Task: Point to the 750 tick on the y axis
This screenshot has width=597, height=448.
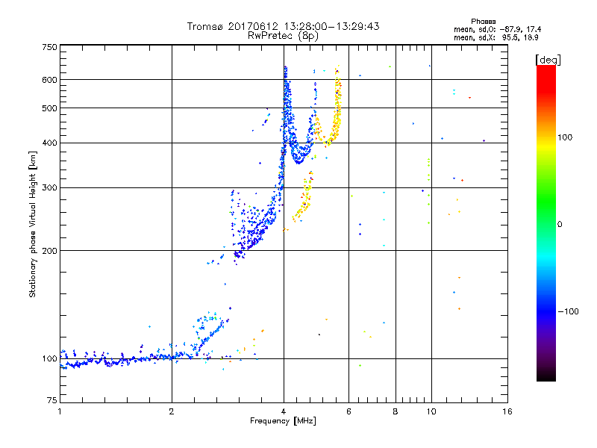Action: [x=50, y=46]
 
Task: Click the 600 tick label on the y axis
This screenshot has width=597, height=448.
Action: [x=50, y=79]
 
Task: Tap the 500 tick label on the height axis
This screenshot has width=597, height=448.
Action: [x=50, y=108]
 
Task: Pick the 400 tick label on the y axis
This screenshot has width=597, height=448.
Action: [x=50, y=143]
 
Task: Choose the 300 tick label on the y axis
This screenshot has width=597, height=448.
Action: [x=50, y=187]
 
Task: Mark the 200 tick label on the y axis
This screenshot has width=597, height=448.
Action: [x=50, y=250]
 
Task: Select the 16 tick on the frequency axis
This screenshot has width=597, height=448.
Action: [x=507, y=411]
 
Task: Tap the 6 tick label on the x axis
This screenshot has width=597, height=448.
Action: [x=348, y=411]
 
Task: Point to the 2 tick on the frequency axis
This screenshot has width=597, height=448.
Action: [x=172, y=411]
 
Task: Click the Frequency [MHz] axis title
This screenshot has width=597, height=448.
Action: [x=283, y=421]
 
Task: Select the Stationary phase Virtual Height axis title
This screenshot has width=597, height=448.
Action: [x=33, y=224]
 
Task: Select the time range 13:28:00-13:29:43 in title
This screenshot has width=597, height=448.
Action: [x=325, y=26]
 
